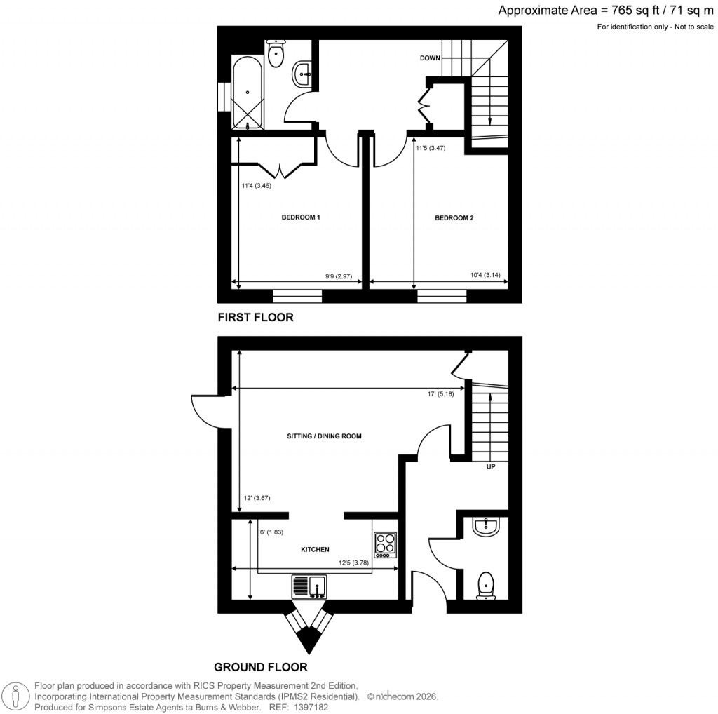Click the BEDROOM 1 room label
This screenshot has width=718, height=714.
coord(301,217)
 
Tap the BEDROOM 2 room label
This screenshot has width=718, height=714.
coord(454,218)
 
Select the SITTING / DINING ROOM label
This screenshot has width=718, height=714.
coord(324,436)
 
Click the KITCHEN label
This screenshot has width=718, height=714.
coord(315,550)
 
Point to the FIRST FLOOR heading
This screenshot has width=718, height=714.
coord(255,318)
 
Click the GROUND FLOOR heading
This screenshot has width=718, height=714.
coord(260,667)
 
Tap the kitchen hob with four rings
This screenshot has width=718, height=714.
coord(385,544)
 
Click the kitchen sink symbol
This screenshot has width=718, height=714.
coord(309,586)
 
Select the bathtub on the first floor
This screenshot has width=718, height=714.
coord(248,95)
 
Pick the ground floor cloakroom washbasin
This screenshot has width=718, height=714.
coord(485,527)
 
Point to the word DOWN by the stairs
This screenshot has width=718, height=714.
coord(430,58)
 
